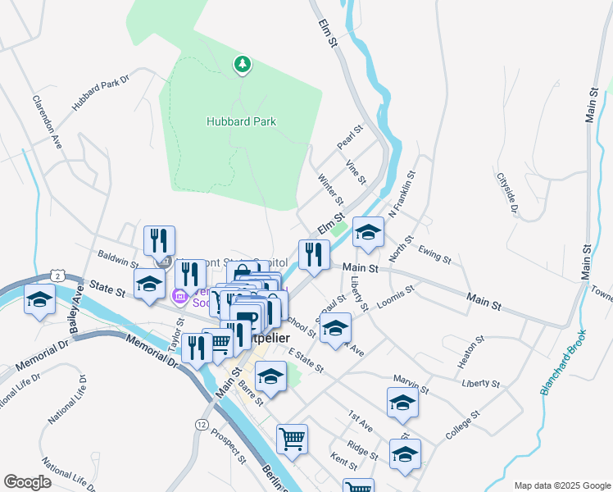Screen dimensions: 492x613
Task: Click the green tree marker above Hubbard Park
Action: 242,63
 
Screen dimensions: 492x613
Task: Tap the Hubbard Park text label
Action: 240,121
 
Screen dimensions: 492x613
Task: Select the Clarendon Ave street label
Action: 48,123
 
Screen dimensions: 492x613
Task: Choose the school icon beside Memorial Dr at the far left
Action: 40,301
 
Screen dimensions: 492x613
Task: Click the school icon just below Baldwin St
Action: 149,285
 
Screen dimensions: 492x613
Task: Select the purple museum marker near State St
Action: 179,294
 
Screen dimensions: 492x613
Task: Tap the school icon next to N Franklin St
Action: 368,233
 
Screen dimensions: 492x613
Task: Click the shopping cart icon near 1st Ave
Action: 292,440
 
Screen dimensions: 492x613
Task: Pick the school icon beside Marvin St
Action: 402,404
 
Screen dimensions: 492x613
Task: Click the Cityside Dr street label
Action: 509,194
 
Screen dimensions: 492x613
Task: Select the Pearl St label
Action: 349,138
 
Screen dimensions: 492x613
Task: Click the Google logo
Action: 27,481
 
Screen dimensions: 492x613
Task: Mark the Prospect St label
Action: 228,444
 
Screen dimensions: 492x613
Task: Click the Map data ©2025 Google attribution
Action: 561,485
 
